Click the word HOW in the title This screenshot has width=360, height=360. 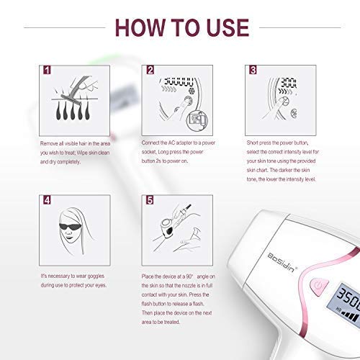click(141, 28)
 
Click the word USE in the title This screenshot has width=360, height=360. click(228, 28)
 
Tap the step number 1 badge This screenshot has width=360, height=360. click(47, 70)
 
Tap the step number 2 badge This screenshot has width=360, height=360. click(150, 70)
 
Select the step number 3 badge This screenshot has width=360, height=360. click(253, 70)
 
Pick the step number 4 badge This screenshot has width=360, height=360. click(47, 199)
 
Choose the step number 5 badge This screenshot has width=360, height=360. click(150, 199)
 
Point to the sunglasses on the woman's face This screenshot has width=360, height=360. click(70, 227)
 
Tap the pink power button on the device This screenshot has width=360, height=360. click(318, 286)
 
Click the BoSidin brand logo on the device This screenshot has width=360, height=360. click(282, 262)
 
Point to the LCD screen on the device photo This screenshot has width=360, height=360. click(347, 305)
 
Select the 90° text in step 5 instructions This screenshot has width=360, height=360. click(189, 276)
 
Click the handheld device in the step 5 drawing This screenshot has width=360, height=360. click(168, 228)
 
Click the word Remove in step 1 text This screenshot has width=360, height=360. click(49, 143)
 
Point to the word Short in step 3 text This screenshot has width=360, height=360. click(252, 143)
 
